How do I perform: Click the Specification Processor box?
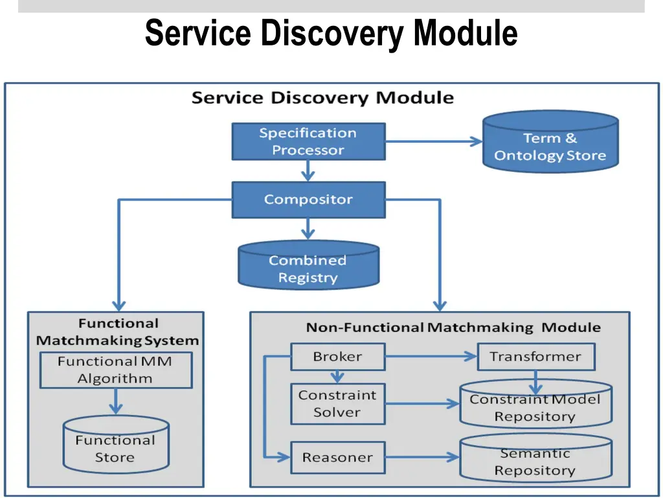[308, 141]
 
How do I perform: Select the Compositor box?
[308, 199]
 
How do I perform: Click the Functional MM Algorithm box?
[116, 370]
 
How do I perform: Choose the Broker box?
[337, 357]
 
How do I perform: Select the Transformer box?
[535, 357]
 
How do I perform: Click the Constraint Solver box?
[337, 403]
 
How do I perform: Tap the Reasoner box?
[337, 457]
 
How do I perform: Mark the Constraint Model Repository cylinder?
[535, 405]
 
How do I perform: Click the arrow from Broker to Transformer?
[431, 357]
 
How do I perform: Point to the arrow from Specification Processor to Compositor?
[308, 171]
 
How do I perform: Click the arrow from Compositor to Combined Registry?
[308, 228]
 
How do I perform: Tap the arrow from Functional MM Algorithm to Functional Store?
[116, 401]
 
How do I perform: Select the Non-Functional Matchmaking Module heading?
[453, 327]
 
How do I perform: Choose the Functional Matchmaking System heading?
[117, 331]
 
